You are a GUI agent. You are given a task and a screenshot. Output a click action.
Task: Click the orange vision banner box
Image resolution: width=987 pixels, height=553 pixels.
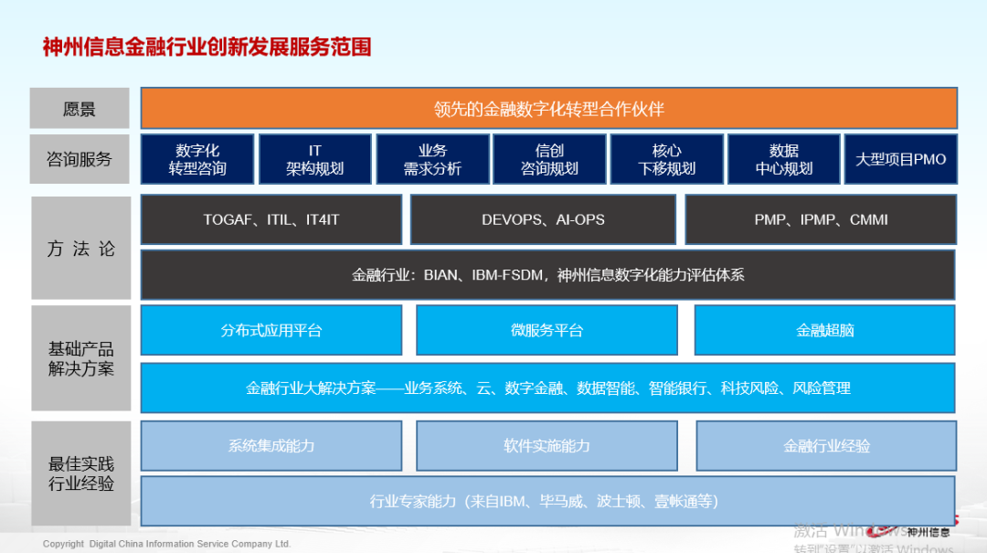548,109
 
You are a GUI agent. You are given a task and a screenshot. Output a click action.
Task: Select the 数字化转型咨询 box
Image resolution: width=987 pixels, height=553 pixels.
197,159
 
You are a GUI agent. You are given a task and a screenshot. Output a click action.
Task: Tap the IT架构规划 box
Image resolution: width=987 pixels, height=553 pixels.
315,159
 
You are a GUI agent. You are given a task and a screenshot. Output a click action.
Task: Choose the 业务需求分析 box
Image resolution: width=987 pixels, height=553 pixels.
432,159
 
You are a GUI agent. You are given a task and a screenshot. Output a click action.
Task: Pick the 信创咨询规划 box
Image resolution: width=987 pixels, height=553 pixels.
549,159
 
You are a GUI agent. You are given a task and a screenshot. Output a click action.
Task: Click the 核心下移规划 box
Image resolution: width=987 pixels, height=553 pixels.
666,159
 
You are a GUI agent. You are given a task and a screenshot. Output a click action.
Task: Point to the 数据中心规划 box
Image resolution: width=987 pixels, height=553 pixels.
783,159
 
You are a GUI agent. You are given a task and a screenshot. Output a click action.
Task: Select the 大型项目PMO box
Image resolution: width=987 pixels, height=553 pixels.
900,159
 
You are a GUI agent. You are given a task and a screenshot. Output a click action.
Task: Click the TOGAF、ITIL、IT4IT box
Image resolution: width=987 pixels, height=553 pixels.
271,219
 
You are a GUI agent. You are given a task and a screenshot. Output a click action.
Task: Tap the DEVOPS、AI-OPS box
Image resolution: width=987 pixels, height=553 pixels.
543,219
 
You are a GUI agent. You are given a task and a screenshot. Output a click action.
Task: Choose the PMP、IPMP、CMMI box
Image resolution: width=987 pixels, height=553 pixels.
821,219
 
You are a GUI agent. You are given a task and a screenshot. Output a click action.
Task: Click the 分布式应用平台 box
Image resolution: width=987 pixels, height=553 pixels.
271,330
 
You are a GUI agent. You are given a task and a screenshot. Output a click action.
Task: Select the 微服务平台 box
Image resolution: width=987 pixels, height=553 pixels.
547,330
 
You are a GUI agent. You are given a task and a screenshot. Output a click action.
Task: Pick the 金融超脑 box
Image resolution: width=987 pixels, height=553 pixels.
824,330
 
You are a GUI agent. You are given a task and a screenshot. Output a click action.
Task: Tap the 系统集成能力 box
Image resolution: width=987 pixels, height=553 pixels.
271,445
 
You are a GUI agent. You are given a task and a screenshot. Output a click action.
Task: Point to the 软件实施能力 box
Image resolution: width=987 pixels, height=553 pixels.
547,445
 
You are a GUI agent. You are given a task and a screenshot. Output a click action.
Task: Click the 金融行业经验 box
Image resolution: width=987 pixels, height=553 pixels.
826,445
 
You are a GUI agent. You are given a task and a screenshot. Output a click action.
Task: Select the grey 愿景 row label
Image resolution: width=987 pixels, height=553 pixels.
80,109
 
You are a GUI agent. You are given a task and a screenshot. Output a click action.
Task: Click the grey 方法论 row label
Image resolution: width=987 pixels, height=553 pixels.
80,248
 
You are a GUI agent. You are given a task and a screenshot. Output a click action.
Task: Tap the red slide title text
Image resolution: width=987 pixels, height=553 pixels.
207,47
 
